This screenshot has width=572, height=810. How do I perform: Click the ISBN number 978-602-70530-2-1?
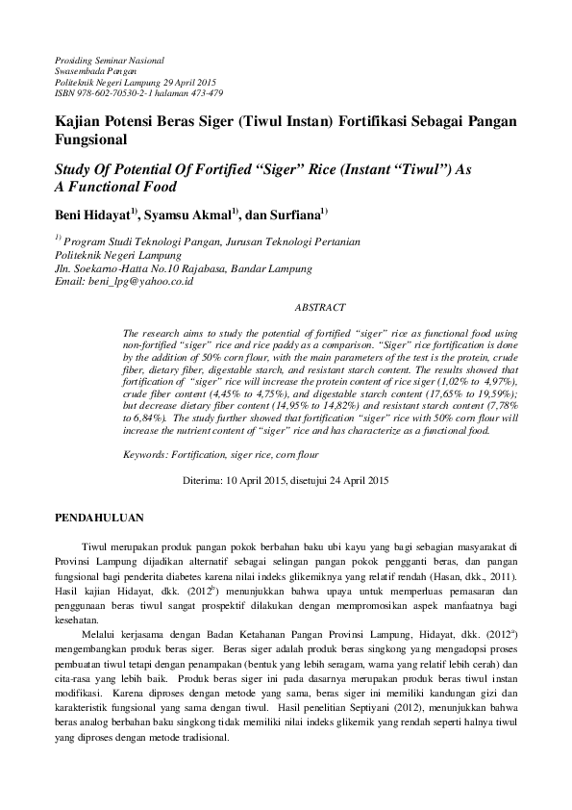112,93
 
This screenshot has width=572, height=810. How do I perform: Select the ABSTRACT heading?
319,307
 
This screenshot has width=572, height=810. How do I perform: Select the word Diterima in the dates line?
201,478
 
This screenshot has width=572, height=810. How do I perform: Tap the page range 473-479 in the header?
204,93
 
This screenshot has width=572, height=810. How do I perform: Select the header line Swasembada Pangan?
96,70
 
